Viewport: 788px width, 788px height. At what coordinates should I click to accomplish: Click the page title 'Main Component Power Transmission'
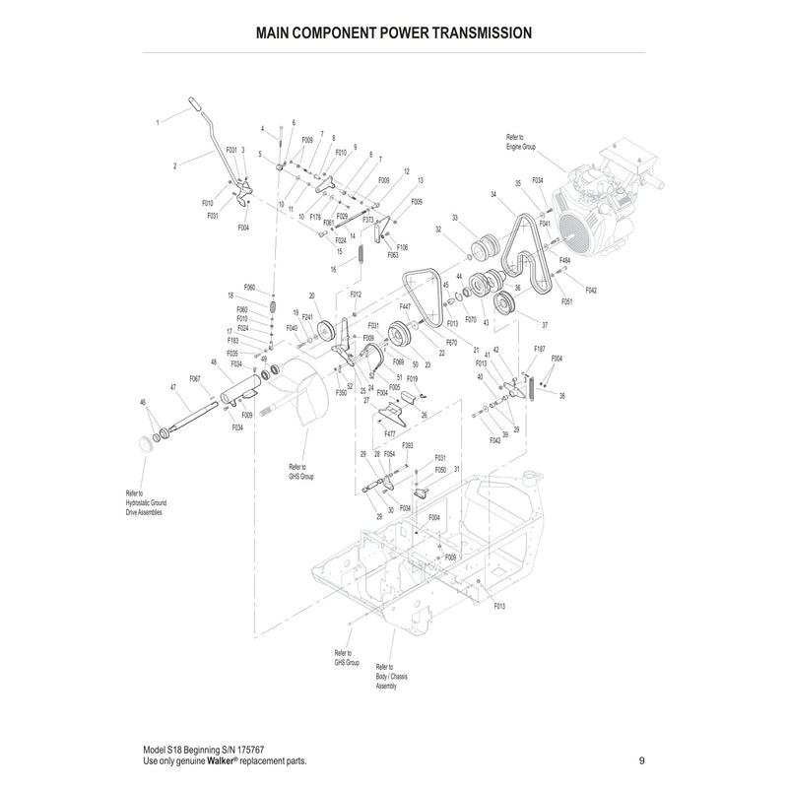(x=394, y=32)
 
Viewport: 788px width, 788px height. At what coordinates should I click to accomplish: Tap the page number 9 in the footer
(x=641, y=759)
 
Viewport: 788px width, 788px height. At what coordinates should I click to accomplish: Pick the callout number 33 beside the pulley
(x=455, y=218)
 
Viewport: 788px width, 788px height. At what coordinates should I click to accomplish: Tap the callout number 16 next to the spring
(x=334, y=269)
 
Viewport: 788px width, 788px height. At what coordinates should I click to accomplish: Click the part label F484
(x=564, y=260)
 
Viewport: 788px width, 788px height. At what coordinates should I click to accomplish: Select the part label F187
(x=539, y=349)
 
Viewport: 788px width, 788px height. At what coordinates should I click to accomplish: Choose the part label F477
(x=391, y=432)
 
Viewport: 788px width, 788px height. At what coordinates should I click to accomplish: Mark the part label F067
(x=194, y=378)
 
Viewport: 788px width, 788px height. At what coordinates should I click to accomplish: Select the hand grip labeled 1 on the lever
(x=193, y=104)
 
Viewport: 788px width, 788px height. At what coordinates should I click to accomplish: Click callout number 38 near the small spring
(x=561, y=396)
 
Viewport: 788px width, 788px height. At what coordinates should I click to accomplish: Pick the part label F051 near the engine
(x=567, y=301)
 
